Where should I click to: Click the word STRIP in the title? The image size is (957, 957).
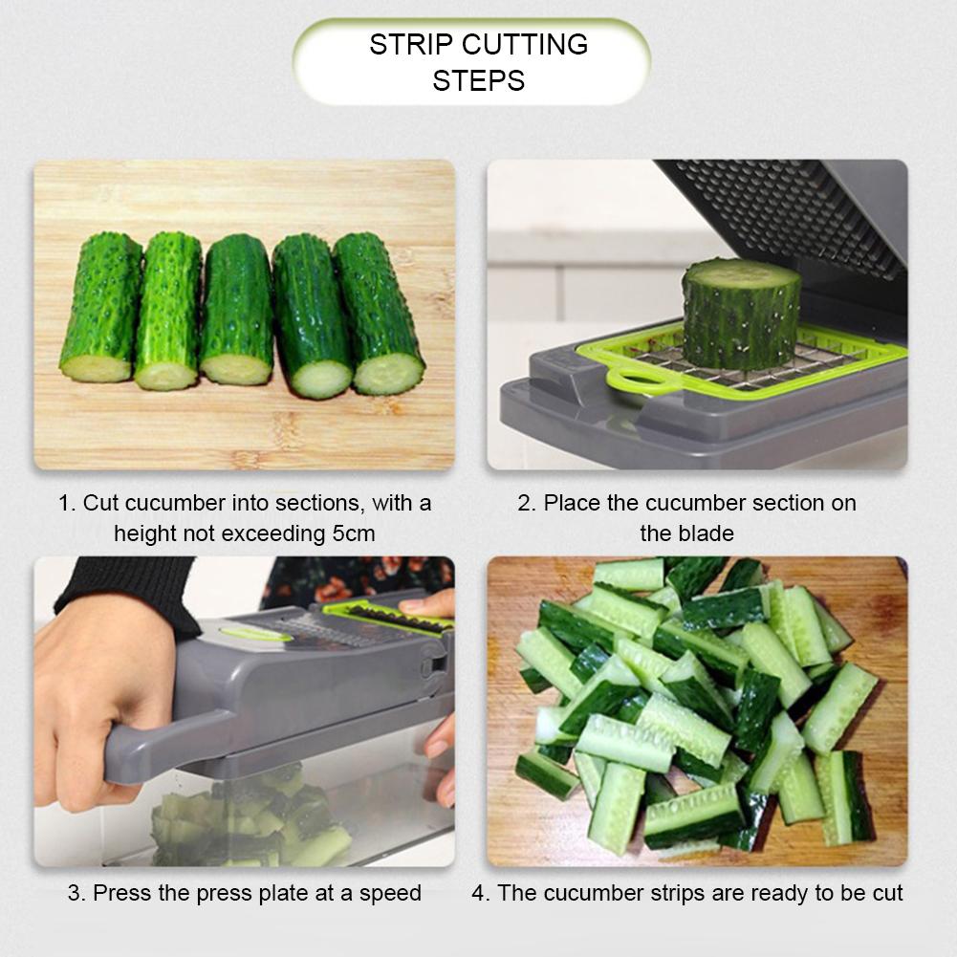[411, 45]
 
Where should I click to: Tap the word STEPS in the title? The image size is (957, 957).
[478, 80]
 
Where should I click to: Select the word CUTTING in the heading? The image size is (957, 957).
[525, 45]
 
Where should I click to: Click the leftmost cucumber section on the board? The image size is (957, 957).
[100, 308]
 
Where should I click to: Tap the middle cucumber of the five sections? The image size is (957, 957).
[237, 309]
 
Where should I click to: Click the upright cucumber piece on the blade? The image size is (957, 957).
[741, 314]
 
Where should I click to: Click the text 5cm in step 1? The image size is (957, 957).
[354, 533]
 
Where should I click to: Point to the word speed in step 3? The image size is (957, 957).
[390, 894]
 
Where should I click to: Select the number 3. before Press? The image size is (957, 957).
[76, 894]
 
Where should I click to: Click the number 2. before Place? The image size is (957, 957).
[527, 503]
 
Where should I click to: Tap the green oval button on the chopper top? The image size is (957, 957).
[256, 634]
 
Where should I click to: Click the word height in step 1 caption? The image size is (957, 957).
[146, 533]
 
